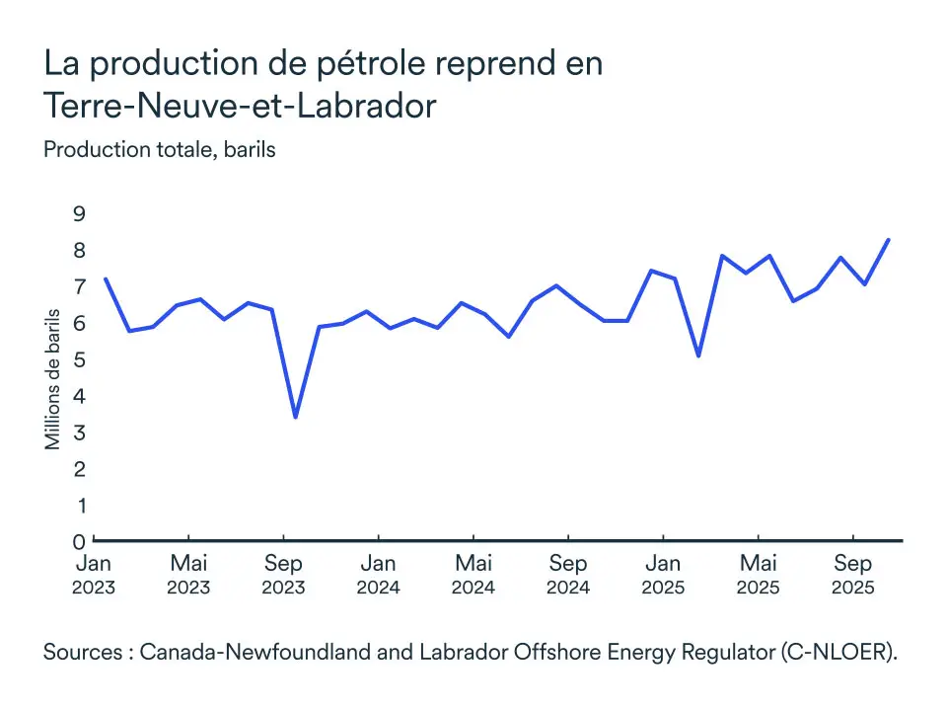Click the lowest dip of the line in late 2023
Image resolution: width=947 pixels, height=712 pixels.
pyautogui.click(x=296, y=417)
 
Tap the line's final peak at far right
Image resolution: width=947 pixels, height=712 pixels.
pyautogui.click(x=889, y=240)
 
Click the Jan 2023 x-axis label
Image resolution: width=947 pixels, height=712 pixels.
pyautogui.click(x=94, y=575)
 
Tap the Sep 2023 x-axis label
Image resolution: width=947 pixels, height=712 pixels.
pyautogui.click(x=283, y=575)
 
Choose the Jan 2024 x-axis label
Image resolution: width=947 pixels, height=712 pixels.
pyautogui.click(x=378, y=575)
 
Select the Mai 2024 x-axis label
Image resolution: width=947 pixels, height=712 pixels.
pyautogui.click(x=473, y=575)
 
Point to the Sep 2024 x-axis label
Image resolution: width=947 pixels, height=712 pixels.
pyautogui.click(x=567, y=575)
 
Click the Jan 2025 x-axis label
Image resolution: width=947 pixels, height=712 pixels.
pyautogui.click(x=663, y=575)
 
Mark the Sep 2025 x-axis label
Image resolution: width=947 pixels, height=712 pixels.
pyautogui.click(x=852, y=575)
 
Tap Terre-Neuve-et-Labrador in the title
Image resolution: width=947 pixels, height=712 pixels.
pyautogui.click(x=240, y=106)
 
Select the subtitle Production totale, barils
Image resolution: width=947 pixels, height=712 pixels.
pyautogui.click(x=159, y=151)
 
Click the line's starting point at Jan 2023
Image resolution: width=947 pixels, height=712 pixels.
pyautogui.click(x=106, y=278)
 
